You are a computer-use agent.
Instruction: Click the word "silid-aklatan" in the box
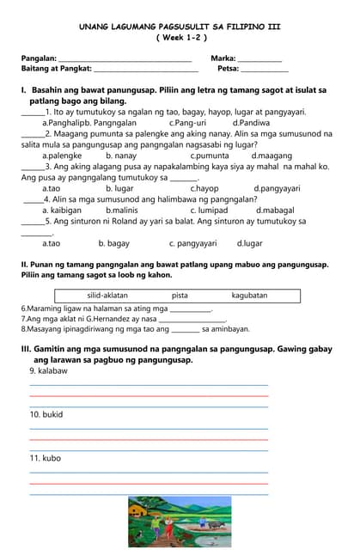pyautogui.click(x=107, y=296)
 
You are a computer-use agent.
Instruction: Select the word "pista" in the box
pyautogui.click(x=180, y=296)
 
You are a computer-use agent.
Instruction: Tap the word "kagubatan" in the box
pyautogui.click(x=249, y=296)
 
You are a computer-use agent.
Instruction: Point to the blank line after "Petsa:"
pyautogui.click(x=265, y=71)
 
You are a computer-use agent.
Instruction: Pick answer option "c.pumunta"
pyautogui.click(x=210, y=156)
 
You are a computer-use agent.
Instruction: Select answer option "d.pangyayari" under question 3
pyautogui.click(x=277, y=188)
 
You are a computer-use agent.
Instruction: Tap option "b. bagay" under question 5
pyautogui.click(x=113, y=243)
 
